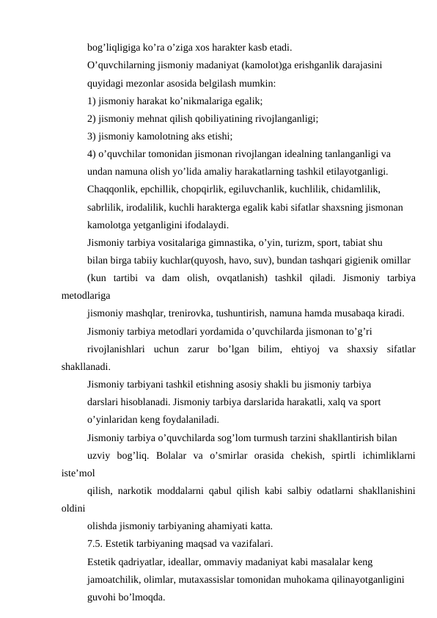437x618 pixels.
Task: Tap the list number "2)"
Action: [92, 118]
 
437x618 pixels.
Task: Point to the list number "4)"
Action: [92, 154]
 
